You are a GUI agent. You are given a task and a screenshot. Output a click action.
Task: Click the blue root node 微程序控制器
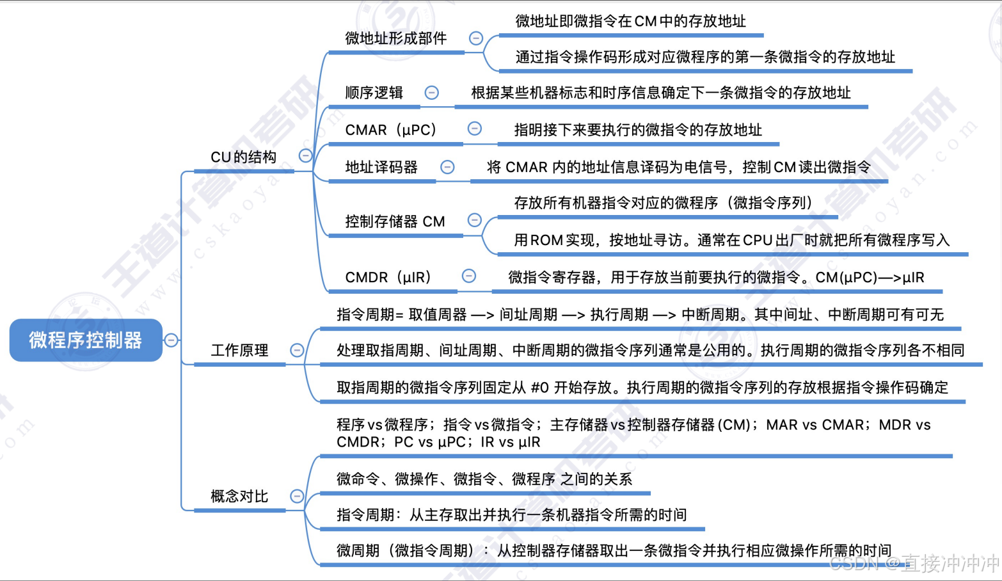point(86,340)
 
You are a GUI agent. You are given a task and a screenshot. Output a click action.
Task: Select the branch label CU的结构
point(243,157)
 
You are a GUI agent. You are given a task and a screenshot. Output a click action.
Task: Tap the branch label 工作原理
point(239,350)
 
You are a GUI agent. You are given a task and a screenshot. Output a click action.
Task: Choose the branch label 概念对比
point(239,496)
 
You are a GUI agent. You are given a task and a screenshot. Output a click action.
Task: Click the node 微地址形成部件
point(395,38)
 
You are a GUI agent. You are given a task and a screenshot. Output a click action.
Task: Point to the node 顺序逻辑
point(374,93)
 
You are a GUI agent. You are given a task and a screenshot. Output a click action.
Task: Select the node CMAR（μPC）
point(390,130)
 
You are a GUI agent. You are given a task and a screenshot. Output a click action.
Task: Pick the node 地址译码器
point(381,167)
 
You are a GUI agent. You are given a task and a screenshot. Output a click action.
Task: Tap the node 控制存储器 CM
point(395,221)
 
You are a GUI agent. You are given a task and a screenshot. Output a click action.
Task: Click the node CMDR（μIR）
point(388,277)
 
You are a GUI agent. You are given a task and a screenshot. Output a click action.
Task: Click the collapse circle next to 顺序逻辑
point(432,93)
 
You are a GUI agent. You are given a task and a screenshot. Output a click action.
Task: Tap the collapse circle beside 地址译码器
point(447,167)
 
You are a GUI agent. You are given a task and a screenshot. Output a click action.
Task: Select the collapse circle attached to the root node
point(171,340)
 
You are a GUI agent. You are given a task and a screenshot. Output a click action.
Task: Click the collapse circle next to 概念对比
point(297,496)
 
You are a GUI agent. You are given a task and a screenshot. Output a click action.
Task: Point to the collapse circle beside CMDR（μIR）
point(469,276)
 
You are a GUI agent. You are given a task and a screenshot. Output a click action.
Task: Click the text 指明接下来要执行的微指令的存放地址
point(638,130)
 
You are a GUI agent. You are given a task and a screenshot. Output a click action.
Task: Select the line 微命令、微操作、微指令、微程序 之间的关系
point(484,479)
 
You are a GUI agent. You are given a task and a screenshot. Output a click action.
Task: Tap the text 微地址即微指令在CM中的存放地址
point(630,21)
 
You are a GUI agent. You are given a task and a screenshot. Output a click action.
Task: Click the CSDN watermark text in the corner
point(914,563)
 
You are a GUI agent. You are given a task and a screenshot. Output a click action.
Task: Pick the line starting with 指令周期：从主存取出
point(511,514)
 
